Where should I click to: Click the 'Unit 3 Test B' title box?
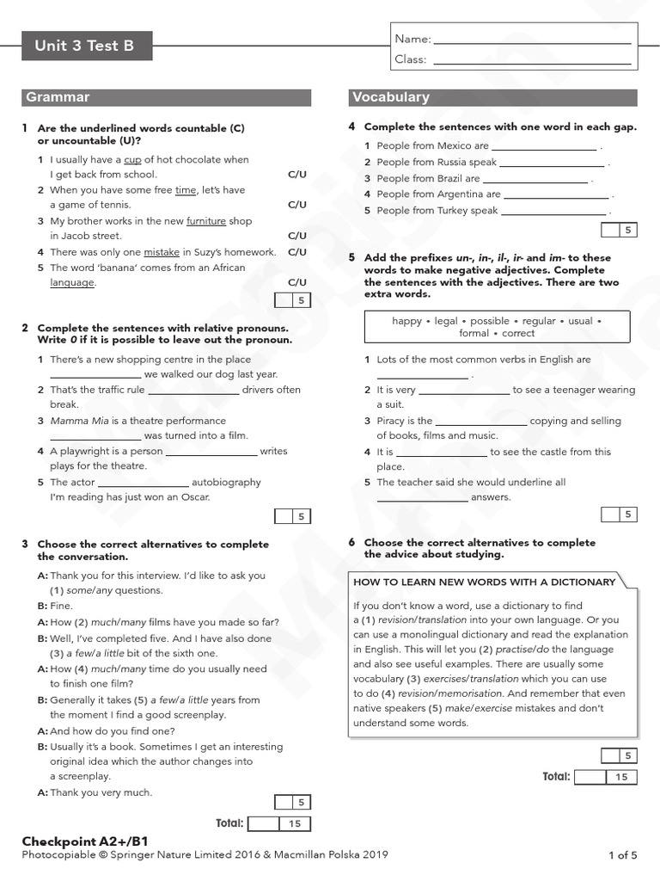86,46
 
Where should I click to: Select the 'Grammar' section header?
58,97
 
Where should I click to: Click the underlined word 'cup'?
132,160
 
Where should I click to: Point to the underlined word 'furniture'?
205,221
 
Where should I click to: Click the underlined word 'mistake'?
162,252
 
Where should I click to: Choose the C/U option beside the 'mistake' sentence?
296,252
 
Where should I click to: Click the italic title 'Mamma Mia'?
77,421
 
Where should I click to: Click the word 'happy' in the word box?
406,321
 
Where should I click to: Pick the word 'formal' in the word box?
474,333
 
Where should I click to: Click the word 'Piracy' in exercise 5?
392,421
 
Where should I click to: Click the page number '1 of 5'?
622,854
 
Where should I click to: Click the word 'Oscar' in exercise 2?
193,496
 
